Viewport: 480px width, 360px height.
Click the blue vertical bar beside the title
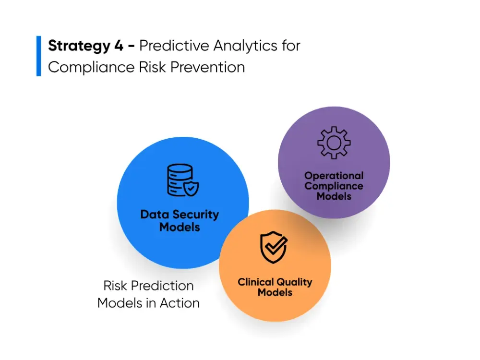pyautogui.click(x=39, y=56)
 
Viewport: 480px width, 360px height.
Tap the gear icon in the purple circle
pyautogui.click(x=334, y=142)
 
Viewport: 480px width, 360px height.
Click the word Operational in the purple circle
pyautogui.click(x=334, y=176)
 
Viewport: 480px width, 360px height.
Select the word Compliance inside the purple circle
pyautogui.click(x=334, y=186)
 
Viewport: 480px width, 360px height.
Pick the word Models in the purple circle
pyautogui.click(x=334, y=196)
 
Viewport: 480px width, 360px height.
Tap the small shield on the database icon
pyautogui.click(x=192, y=189)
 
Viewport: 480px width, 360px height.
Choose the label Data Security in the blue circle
pyautogui.click(x=180, y=215)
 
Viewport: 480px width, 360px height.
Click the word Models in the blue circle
pyautogui.click(x=180, y=227)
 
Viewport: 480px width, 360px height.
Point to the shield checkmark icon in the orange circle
pyautogui.click(x=274, y=247)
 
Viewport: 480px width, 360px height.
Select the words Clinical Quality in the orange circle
pyautogui.click(x=275, y=282)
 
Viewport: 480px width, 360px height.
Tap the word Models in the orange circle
pyautogui.click(x=275, y=292)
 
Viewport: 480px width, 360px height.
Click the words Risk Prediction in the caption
pyautogui.click(x=149, y=286)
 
